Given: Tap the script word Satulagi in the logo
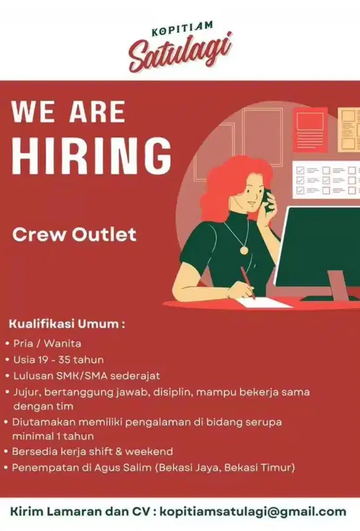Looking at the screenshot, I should click(x=180, y=52).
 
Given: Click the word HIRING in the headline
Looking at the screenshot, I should click(x=91, y=157).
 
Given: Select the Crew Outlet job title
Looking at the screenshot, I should click(x=74, y=234).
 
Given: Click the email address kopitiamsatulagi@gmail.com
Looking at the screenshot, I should click(x=253, y=512).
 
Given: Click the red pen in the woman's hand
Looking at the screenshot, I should click(x=247, y=281).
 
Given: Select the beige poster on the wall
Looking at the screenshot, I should click(x=349, y=130).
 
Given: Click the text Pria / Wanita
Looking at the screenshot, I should click(x=47, y=343).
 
